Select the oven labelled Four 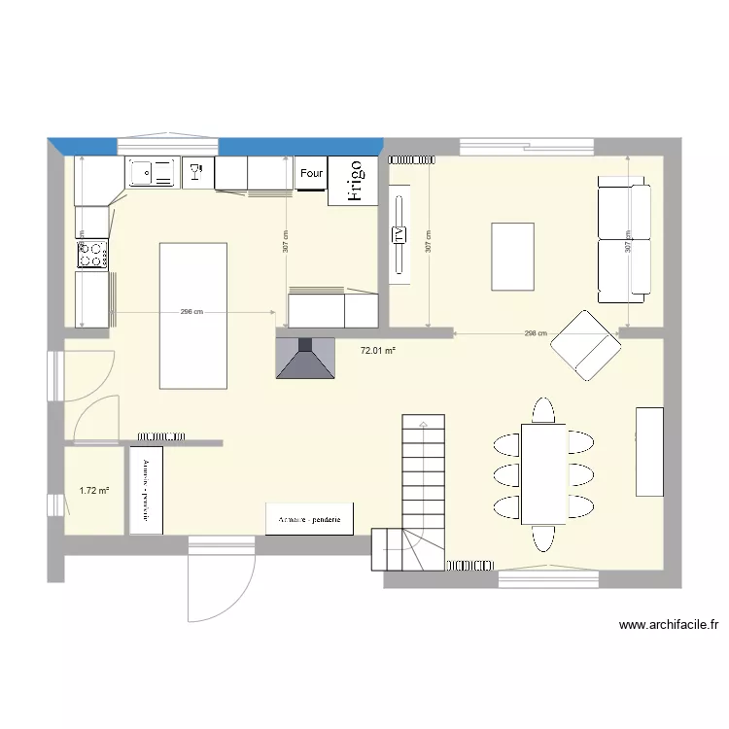(x=311, y=173)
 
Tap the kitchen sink (x=151, y=173)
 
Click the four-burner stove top (x=92, y=255)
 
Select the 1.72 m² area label (x=93, y=491)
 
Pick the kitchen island (x=193, y=314)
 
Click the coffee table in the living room (x=512, y=257)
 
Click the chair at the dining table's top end (x=543, y=411)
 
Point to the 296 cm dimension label (x=191, y=312)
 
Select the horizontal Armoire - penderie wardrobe (x=310, y=519)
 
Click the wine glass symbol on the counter (x=197, y=172)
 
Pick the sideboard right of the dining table (x=649, y=451)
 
